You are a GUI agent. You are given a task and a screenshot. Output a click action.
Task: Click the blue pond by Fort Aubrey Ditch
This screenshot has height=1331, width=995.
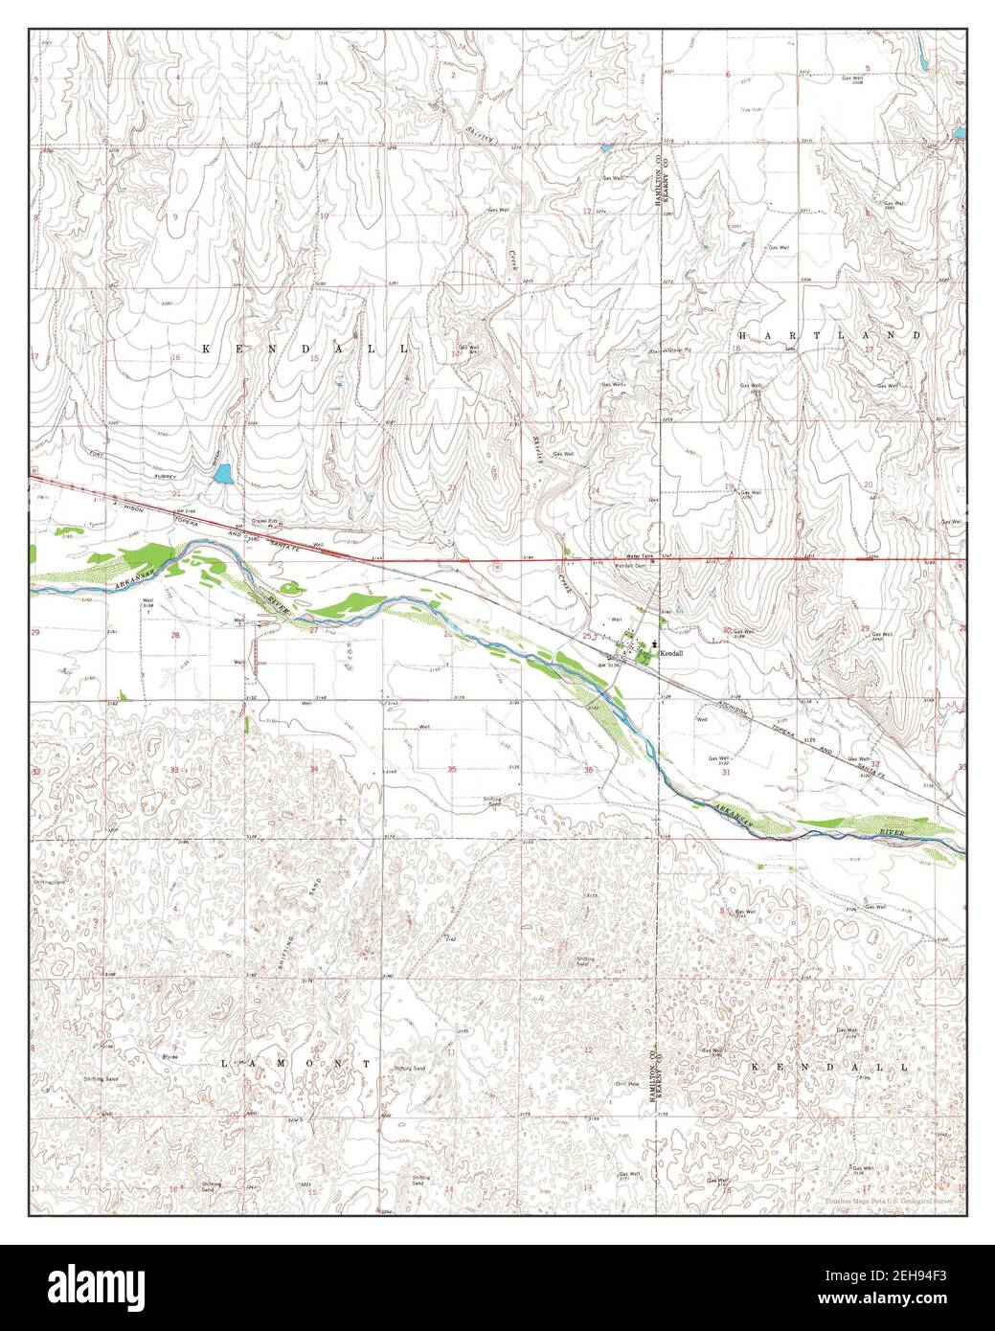(x=222, y=473)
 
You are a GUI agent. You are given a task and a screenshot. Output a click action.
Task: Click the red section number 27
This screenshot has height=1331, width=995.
(x=313, y=630)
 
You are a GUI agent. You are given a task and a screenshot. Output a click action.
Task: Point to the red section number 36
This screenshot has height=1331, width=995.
(x=587, y=770)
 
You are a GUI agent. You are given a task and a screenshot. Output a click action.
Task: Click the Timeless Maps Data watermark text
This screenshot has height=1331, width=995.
(x=890, y=1199)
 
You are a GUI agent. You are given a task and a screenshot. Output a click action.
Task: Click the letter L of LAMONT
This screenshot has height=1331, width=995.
(x=226, y=1064)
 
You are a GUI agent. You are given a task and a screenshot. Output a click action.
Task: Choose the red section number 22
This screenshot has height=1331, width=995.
(x=313, y=493)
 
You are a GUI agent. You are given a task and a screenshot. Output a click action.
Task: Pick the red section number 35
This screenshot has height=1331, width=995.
(x=451, y=769)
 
